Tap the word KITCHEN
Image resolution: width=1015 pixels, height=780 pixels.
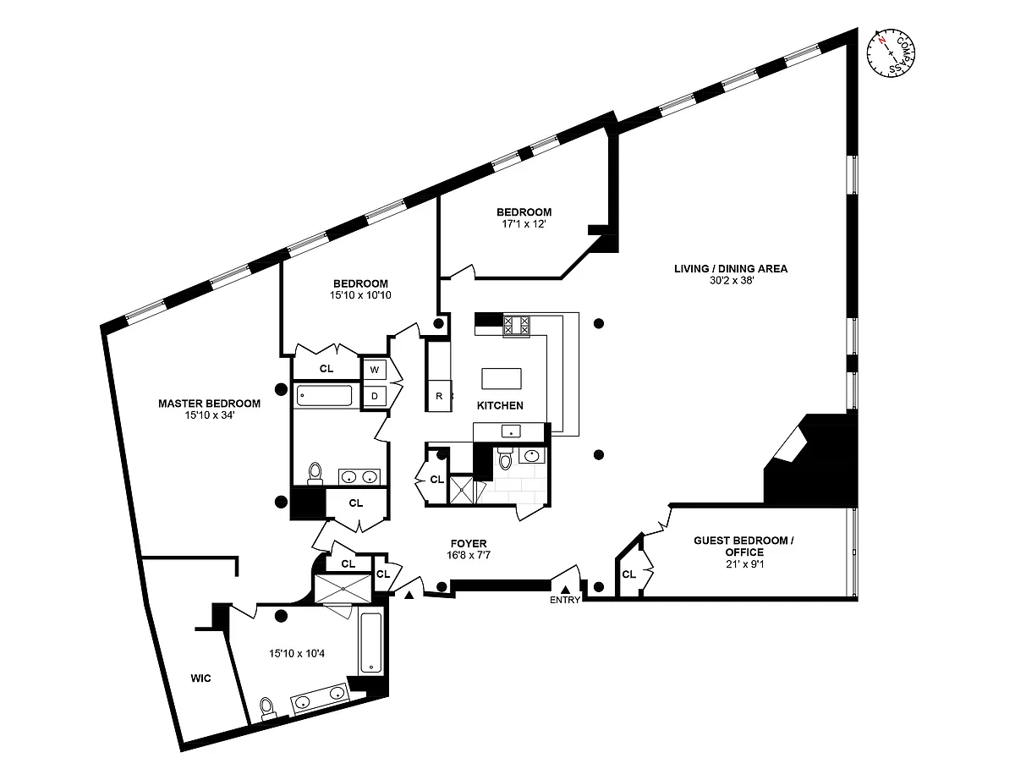point(500,405)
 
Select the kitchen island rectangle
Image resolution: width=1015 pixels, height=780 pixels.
point(502,377)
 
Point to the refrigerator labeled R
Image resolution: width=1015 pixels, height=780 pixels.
point(439,396)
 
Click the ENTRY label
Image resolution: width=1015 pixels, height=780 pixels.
point(565,600)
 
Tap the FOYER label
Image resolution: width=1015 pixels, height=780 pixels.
point(469,544)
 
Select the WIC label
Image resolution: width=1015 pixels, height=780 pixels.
point(200,678)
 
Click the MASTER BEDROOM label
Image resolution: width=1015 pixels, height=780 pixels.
point(209,404)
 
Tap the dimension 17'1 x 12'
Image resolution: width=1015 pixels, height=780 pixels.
point(524,224)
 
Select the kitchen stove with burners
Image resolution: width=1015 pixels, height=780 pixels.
point(516,325)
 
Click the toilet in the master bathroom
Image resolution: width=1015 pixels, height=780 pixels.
point(268,706)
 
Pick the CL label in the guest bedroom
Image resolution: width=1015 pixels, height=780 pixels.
point(628,574)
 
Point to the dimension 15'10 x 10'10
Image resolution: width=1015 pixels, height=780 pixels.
point(360,295)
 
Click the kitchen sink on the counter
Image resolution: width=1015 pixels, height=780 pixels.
point(509,431)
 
